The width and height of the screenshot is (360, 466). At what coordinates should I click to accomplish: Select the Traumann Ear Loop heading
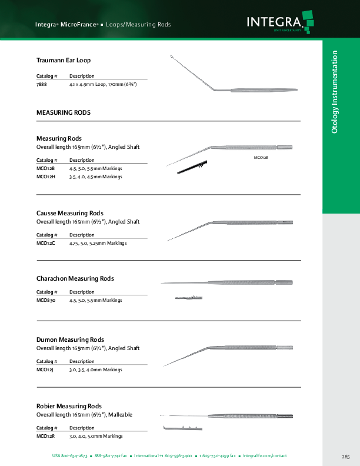[64, 60]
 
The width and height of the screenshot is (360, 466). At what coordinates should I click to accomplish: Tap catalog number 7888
[42, 85]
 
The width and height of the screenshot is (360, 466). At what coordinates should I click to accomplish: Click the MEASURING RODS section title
[64, 112]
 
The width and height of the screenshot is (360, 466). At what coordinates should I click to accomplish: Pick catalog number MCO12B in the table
[45, 168]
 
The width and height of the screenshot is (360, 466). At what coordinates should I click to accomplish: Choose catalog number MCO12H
[45, 176]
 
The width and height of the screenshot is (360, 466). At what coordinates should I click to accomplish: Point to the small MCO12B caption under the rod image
[261, 158]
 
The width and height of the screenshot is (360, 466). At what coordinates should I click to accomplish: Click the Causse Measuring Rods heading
[70, 213]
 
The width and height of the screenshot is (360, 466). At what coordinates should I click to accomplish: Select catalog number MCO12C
[45, 243]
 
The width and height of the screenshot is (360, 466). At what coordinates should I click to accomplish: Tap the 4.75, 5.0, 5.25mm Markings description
[98, 243]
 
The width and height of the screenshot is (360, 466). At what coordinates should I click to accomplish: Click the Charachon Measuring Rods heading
[75, 278]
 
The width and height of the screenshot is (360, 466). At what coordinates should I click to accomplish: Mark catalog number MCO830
[46, 300]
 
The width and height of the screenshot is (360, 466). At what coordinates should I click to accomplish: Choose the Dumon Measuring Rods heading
[70, 340]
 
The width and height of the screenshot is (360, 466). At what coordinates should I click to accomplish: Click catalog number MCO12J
[45, 370]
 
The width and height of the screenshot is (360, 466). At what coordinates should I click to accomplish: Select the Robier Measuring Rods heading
[69, 407]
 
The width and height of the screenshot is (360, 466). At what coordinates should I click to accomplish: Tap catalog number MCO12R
[45, 436]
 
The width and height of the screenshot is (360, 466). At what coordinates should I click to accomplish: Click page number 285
[345, 457]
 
